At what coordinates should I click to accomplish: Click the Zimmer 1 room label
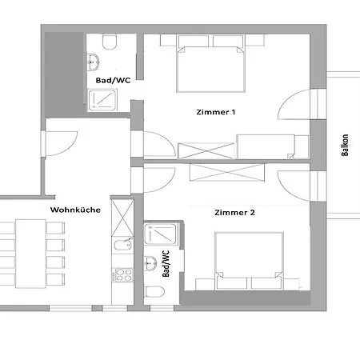click(x=216, y=112)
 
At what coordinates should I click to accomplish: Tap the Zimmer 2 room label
click(x=234, y=213)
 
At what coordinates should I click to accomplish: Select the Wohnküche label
click(x=75, y=210)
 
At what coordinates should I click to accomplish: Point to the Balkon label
click(x=345, y=145)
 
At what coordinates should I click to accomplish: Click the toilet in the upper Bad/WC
click(x=110, y=42)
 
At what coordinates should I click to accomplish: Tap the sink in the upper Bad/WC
click(x=94, y=62)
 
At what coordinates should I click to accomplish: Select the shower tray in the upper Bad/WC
click(x=102, y=100)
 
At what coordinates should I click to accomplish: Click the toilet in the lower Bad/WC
click(x=154, y=292)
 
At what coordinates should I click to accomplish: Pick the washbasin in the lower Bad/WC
click(x=150, y=263)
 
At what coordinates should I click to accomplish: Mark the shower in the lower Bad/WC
click(x=161, y=234)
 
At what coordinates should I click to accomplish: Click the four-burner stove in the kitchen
click(x=122, y=275)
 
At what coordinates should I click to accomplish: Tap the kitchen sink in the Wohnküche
click(x=122, y=245)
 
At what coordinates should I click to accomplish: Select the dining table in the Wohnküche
click(x=30, y=254)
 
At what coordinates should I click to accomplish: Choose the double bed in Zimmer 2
click(x=249, y=261)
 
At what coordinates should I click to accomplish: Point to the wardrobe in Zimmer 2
click(x=227, y=173)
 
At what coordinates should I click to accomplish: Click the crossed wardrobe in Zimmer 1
click(x=206, y=151)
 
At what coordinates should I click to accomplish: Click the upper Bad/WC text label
click(x=114, y=80)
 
